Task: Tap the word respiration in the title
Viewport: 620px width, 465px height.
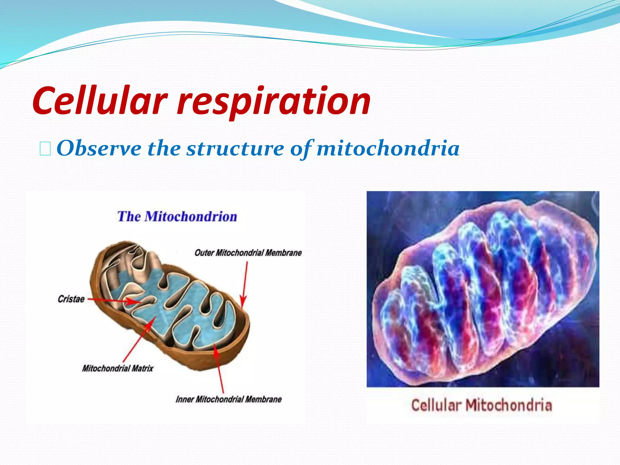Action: click(274, 101)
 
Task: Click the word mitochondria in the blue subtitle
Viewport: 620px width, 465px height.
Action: click(388, 149)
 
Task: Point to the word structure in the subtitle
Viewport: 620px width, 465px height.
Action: click(235, 149)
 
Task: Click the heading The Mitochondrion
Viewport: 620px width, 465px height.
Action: click(177, 217)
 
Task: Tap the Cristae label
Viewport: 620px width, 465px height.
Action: click(71, 299)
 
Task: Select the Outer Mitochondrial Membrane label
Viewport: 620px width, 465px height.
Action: click(248, 253)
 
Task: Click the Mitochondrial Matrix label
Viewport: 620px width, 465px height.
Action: click(117, 368)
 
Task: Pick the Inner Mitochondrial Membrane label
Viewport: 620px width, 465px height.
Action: click(229, 399)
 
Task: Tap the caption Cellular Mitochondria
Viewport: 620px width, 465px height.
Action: click(481, 405)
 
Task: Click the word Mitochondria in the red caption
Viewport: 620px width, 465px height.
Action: click(509, 405)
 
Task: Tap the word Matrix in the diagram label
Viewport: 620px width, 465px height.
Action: click(143, 368)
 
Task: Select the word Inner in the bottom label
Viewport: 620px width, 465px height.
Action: click(185, 399)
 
